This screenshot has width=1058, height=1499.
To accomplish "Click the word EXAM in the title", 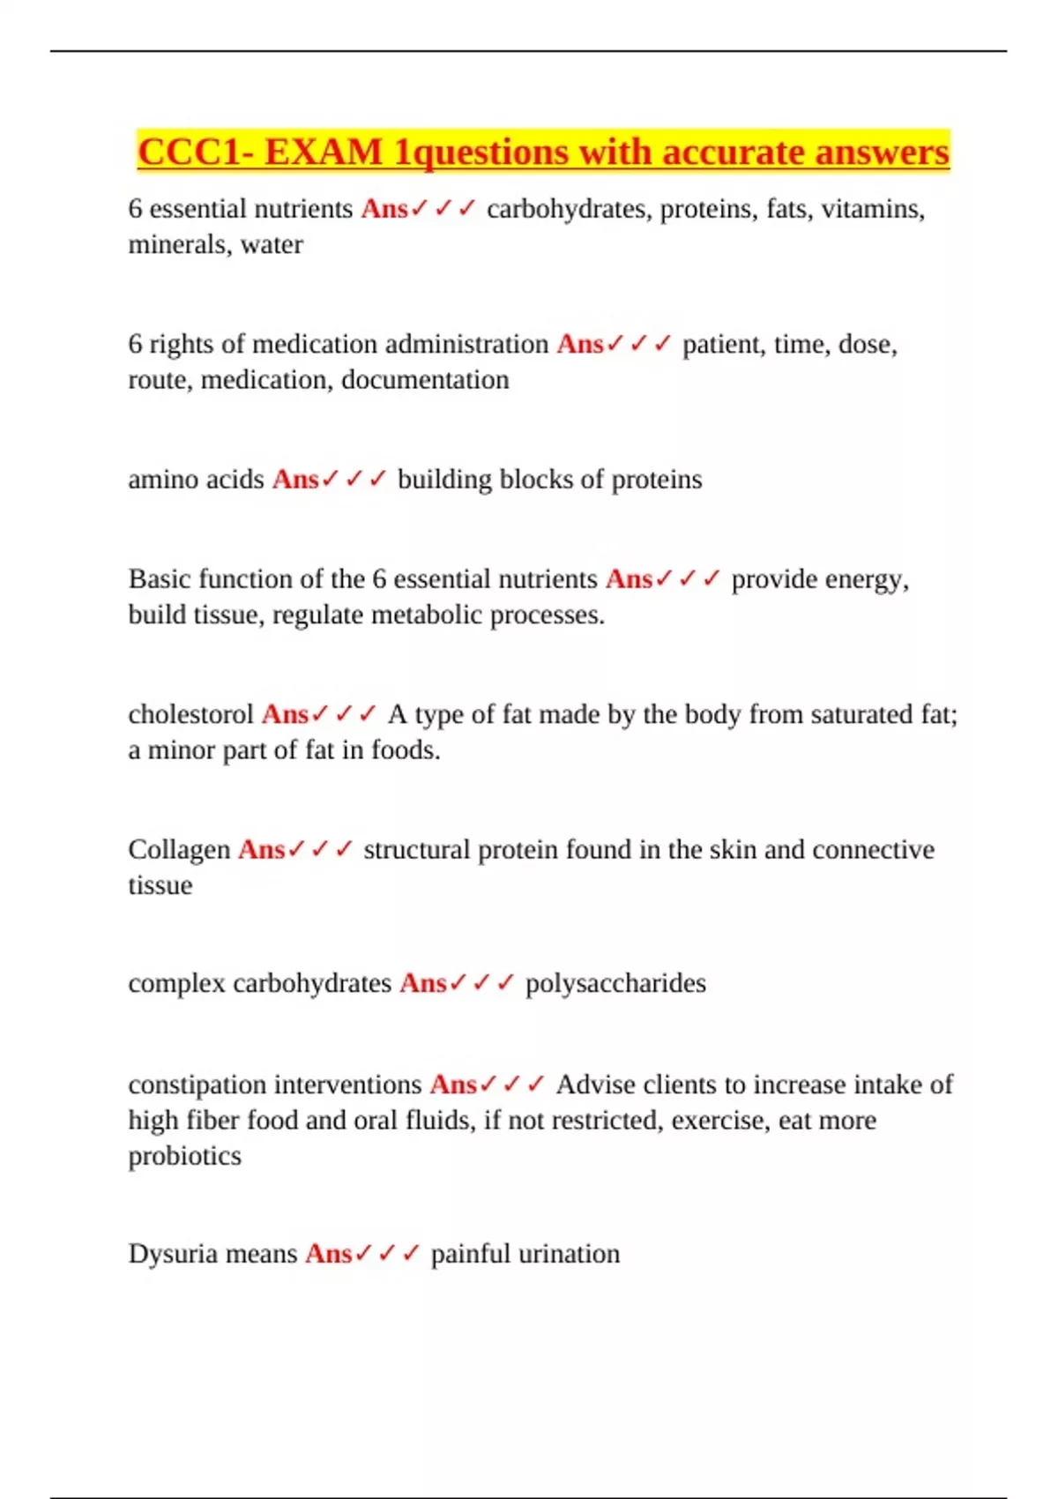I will pos(323,153).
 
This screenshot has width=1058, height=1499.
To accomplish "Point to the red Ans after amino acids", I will pos(295,480).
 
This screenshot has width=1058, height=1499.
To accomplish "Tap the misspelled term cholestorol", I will pos(190,714).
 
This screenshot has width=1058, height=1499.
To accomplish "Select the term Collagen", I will pos(179,850).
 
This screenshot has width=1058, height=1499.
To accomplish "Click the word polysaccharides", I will pos(615,983).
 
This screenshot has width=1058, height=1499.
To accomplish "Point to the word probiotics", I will pos(184,1156).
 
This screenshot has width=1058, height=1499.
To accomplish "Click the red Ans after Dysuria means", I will pos(329,1254).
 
